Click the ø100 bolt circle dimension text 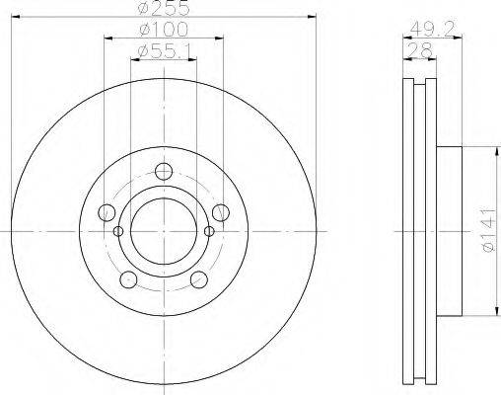[163, 30]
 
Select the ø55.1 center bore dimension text [163, 49]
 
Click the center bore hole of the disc [164, 231]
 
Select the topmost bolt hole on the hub [164, 170]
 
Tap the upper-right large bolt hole [221, 211]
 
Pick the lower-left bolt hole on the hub [128, 279]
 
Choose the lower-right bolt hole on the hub [199, 279]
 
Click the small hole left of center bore [118, 232]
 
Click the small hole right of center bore [209, 232]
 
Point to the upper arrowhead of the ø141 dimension [491, 150]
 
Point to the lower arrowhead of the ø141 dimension [491, 314]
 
